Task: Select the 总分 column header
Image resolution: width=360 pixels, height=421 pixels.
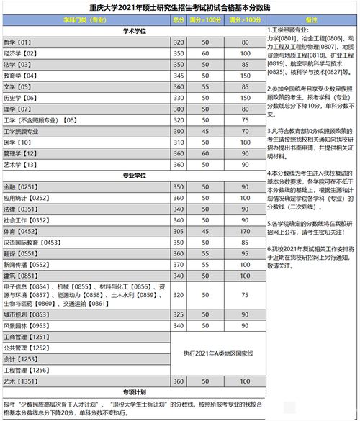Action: (x=179, y=21)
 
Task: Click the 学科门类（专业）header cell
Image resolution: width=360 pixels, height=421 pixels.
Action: (x=86, y=21)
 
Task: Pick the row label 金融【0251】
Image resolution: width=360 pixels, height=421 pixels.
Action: (x=21, y=186)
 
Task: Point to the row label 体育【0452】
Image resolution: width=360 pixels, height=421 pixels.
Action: (x=21, y=232)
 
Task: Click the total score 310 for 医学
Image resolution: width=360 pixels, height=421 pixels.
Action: (x=179, y=142)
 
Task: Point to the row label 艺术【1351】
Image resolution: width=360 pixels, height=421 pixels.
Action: (x=21, y=381)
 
